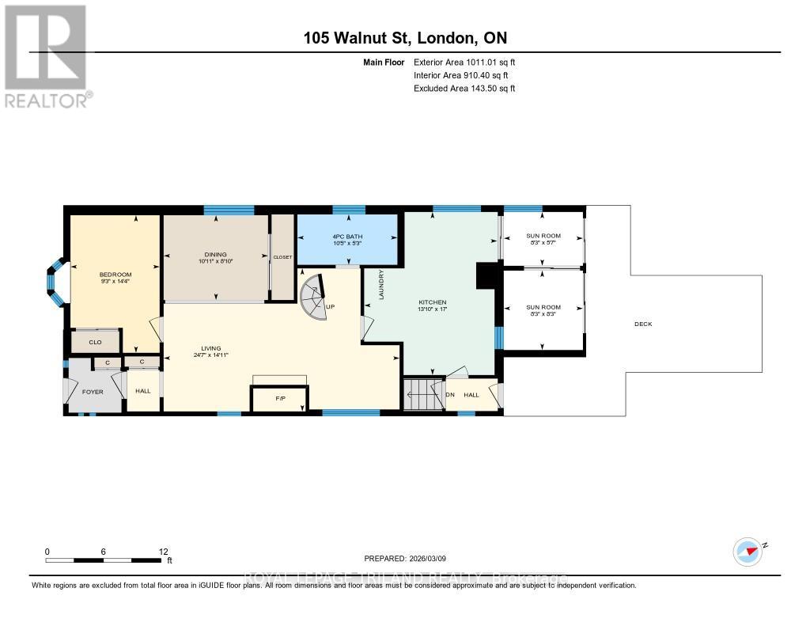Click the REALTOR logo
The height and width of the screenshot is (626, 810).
pyautogui.click(x=46, y=55)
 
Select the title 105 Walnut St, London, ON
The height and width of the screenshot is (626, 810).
pyautogui.click(x=405, y=39)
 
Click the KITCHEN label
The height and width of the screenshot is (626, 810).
pyautogui.click(x=433, y=302)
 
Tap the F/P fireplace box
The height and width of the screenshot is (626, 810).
pyautogui.click(x=280, y=398)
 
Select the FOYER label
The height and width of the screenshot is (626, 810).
pyautogui.click(x=93, y=391)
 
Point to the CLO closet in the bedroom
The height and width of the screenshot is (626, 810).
pyautogui.click(x=95, y=342)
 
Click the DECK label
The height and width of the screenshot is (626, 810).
pyautogui.click(x=643, y=324)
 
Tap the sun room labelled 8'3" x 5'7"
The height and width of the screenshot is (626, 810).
pyautogui.click(x=543, y=239)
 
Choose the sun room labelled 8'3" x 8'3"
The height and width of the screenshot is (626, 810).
pyautogui.click(x=543, y=310)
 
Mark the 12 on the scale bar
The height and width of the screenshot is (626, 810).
pyautogui.click(x=162, y=552)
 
